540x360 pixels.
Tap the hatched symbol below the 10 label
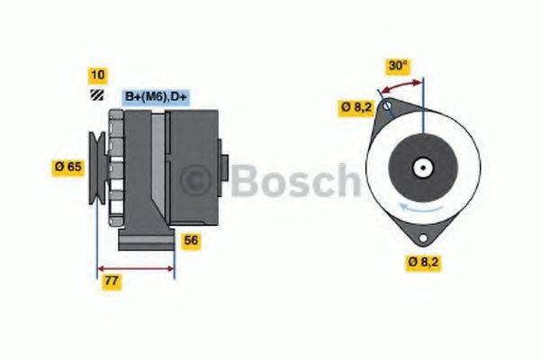tap(96, 94)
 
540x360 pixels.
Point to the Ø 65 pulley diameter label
tap(69, 166)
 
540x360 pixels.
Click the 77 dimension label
tap(111, 282)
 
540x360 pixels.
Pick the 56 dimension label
tap(191, 241)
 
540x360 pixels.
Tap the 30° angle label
tap(398, 65)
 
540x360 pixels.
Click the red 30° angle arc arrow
tap(401, 85)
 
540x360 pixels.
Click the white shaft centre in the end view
tap(421, 166)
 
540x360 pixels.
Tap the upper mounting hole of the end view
tap(387, 107)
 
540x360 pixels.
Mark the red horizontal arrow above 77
tap(135, 268)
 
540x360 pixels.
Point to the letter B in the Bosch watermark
tap(246, 180)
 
